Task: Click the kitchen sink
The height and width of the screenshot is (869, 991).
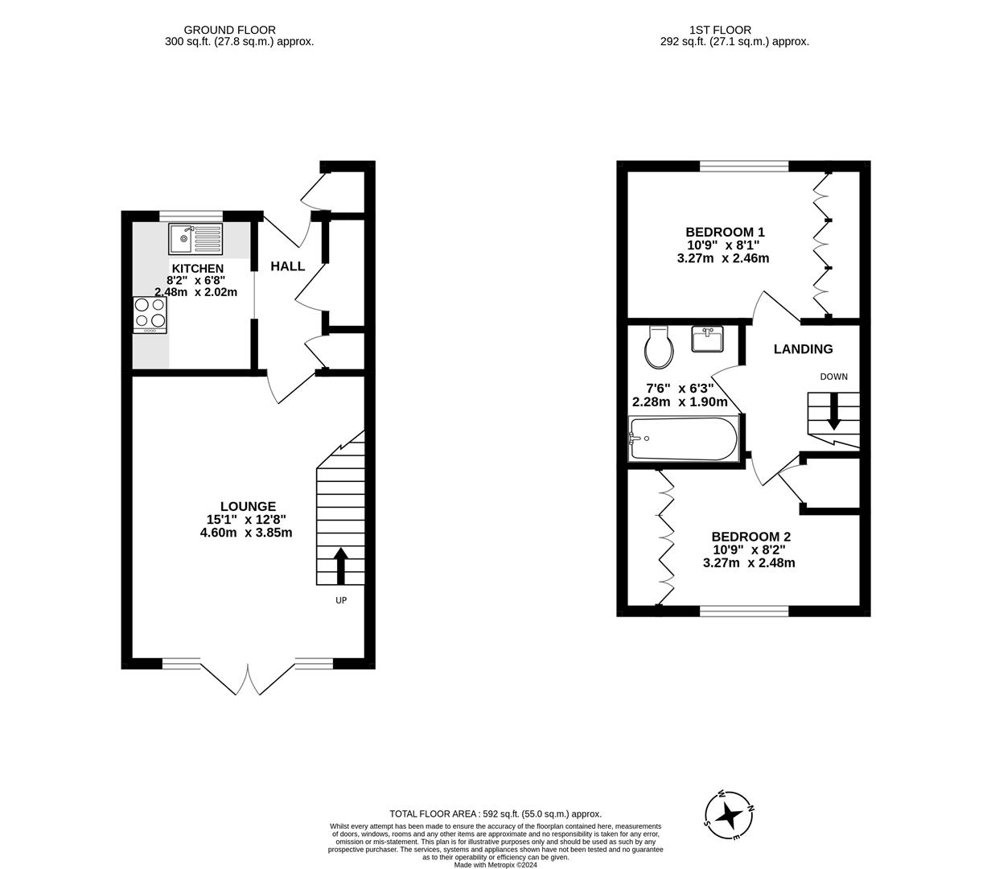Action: (x=195, y=239)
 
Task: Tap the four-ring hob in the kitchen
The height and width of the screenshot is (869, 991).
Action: (x=150, y=315)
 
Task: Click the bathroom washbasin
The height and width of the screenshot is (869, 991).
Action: (x=707, y=339)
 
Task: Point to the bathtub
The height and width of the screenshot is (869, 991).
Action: (x=683, y=439)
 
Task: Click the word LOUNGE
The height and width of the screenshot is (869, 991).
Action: (x=248, y=506)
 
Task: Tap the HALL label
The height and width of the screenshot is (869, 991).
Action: (x=288, y=266)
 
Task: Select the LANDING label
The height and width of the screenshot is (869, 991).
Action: (x=803, y=349)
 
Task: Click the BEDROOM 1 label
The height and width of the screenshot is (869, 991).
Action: (x=725, y=232)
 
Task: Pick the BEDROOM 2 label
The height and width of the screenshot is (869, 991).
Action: (x=750, y=536)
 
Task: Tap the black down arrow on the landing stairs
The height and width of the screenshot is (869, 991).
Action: (x=833, y=411)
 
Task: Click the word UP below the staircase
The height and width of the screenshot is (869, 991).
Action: (x=341, y=600)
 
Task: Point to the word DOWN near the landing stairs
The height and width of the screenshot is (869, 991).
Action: (x=833, y=377)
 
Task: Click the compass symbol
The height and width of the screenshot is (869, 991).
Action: (x=730, y=814)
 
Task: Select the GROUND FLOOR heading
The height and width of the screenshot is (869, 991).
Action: (x=229, y=30)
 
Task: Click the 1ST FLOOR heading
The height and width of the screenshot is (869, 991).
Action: (x=720, y=30)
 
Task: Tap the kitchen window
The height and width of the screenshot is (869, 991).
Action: (x=191, y=216)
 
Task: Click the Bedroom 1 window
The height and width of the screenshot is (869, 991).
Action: (x=744, y=167)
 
